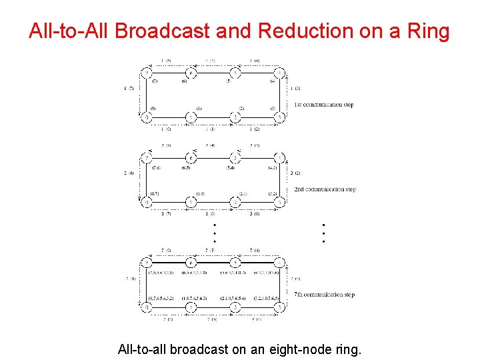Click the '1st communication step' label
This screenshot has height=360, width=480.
[x=323, y=105]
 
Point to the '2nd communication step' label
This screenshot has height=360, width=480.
[x=325, y=189]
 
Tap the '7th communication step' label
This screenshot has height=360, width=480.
[x=324, y=294]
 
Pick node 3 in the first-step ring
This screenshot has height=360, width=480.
[x=280, y=117]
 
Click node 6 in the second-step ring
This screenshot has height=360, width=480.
[x=191, y=158]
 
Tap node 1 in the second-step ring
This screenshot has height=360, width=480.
[x=191, y=202]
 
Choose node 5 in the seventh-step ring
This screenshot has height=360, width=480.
[x=235, y=263]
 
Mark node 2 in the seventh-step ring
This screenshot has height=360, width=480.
[x=235, y=307]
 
